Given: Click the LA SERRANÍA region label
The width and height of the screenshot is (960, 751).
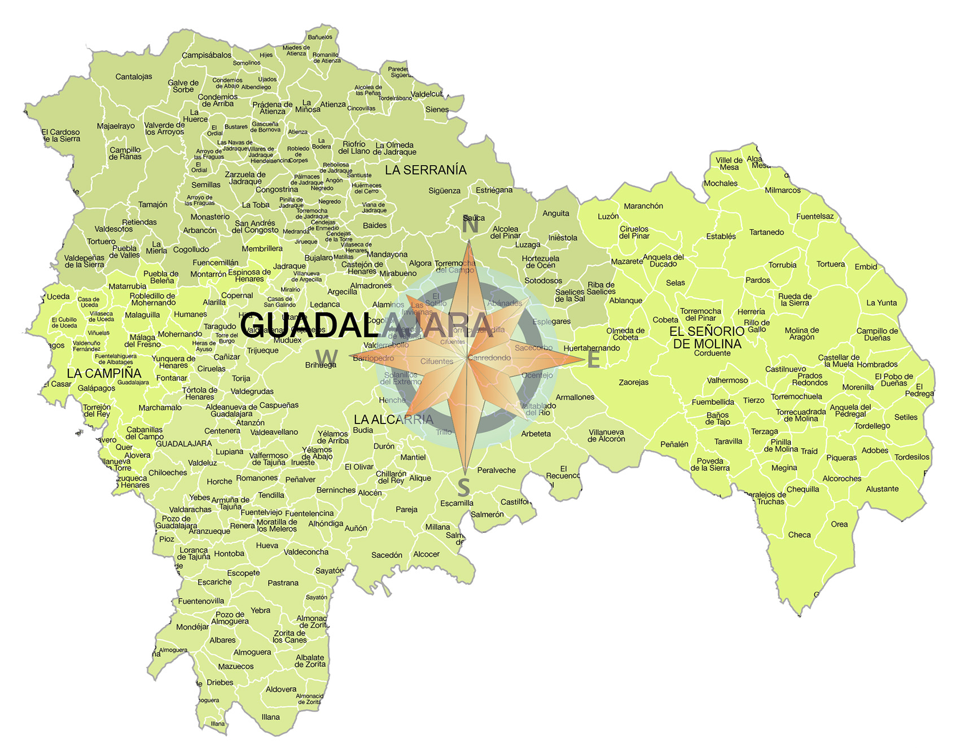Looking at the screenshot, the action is click(426, 170).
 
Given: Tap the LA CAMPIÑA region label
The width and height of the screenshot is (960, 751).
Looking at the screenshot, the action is click(104, 373).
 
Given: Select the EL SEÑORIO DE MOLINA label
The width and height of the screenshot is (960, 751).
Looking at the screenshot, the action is click(707, 337).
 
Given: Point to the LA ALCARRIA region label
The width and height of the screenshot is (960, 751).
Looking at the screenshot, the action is click(393, 420).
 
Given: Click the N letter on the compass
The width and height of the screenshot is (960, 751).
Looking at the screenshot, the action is click(470, 225).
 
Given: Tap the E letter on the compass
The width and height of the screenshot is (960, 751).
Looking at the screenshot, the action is click(593, 360).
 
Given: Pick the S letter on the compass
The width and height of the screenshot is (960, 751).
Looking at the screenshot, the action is click(463, 487).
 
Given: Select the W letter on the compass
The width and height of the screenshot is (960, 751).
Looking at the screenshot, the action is click(327, 357).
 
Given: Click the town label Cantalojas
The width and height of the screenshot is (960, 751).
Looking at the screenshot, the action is click(134, 77).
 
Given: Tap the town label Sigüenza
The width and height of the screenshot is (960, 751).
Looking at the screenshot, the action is click(444, 191).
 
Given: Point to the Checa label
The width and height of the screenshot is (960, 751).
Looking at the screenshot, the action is click(799, 535).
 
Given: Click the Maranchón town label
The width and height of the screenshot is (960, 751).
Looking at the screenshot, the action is click(643, 206).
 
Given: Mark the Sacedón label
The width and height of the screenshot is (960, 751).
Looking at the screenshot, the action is click(387, 555).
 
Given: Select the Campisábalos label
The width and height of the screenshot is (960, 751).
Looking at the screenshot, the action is click(207, 55).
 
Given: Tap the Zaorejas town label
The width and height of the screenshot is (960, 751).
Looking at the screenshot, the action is click(633, 382).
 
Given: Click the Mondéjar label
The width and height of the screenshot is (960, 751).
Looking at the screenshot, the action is click(192, 627).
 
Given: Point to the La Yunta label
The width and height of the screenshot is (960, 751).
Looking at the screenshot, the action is click(882, 303).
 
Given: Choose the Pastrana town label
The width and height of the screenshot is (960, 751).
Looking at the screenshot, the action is click(283, 583).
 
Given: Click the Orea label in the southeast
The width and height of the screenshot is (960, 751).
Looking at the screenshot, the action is click(839, 524).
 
